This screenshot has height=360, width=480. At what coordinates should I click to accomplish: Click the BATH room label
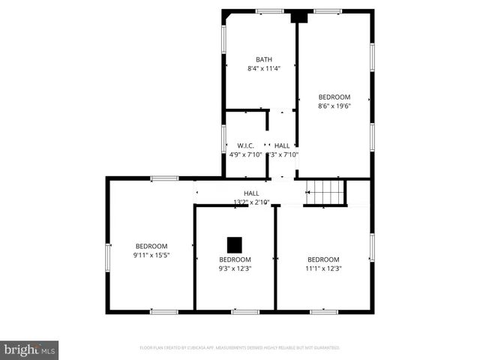(264, 59)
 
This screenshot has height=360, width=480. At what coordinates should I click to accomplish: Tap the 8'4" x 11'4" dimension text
(264, 69)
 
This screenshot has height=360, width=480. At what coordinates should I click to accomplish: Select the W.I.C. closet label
(245, 145)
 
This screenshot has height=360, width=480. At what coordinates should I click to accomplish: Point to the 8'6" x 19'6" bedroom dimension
(334, 106)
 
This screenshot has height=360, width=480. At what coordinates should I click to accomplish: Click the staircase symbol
(327, 192)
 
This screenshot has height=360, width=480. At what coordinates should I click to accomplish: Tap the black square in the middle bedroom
(235, 244)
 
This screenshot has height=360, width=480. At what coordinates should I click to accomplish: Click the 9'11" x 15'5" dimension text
(151, 255)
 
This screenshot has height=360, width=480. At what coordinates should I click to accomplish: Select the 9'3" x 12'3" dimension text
(235, 268)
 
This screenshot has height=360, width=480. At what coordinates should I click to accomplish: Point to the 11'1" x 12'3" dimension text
(323, 268)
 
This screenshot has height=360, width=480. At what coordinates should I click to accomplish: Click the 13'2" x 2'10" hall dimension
(252, 202)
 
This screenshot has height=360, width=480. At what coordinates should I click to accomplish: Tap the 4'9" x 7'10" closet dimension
(245, 154)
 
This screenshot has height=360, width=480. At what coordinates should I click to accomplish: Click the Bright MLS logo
(29, 349)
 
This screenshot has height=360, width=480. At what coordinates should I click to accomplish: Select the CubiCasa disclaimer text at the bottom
(240, 347)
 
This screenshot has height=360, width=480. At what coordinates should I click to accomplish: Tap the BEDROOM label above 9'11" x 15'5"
(151, 246)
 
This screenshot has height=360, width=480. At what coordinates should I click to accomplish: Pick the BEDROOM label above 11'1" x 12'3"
(323, 259)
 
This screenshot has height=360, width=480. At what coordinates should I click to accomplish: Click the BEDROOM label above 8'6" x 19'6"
(334, 97)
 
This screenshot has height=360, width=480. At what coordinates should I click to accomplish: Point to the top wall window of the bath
(269, 10)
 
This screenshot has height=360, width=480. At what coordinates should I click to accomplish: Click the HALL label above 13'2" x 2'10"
(252, 193)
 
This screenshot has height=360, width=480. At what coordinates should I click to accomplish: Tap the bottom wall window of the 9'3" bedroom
(245, 310)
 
